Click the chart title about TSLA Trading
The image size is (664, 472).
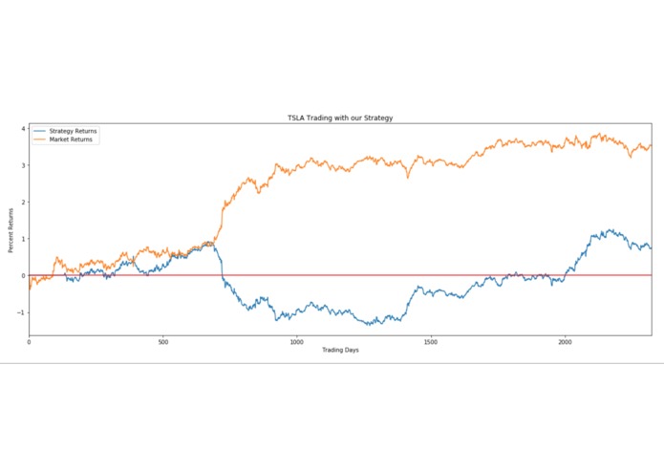tap(340, 118)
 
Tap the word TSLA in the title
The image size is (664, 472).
tap(296, 118)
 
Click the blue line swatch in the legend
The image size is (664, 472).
tap(39, 131)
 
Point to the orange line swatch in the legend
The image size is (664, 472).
tap(39, 139)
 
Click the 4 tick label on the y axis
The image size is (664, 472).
tap(23, 128)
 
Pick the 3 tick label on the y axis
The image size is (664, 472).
tap(23, 165)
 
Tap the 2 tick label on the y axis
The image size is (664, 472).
tap(23, 202)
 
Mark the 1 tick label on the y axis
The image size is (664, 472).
tap(23, 239)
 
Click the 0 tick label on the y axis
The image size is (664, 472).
tap(23, 275)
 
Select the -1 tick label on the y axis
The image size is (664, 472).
tap(21, 312)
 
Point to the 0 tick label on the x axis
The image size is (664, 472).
tap(29, 341)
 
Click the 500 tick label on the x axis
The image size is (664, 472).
tap(162, 341)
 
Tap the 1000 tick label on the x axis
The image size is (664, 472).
tap(296, 341)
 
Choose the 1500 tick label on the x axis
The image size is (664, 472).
tap(430, 341)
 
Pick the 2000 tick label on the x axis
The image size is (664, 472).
tap(565, 341)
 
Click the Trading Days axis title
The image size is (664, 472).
tap(340, 351)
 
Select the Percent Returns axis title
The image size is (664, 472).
tap(11, 229)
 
